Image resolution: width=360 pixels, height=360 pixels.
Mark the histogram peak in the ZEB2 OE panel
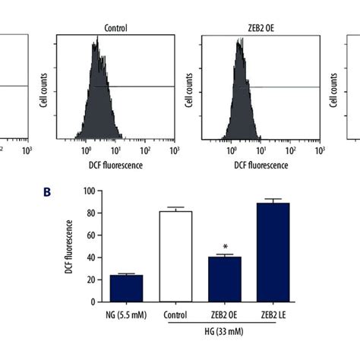pos(238,44)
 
